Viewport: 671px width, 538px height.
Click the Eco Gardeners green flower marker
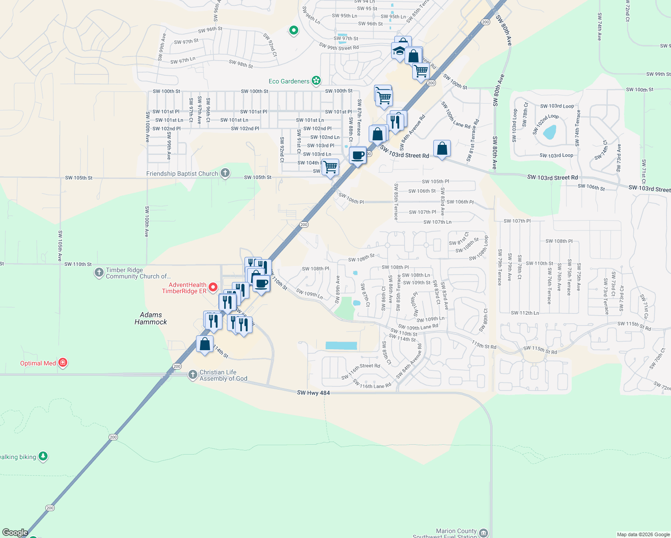tap(316, 81)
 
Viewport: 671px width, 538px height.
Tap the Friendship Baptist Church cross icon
tap(225, 173)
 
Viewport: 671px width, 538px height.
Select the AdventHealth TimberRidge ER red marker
tap(213, 287)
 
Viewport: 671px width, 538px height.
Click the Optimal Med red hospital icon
tap(63, 362)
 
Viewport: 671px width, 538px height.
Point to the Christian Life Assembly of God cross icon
tap(192, 375)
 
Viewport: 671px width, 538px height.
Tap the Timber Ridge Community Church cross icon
tap(99, 273)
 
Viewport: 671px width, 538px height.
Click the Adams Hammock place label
tap(151, 318)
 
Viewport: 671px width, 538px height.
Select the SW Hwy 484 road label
tap(313, 393)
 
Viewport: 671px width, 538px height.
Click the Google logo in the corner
tap(15, 533)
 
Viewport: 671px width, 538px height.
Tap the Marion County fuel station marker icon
tap(484, 533)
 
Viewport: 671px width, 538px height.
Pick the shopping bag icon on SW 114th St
tap(205, 344)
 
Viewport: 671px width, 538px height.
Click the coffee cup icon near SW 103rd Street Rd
tap(358, 156)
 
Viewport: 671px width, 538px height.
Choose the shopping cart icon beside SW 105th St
tap(331, 167)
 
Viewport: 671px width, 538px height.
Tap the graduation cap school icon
tap(399, 51)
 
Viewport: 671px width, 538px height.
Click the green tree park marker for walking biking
tap(43, 456)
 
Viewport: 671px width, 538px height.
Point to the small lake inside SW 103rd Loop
tap(549, 132)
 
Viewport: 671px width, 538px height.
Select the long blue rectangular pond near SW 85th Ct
tap(341, 346)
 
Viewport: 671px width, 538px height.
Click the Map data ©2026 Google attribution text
tap(643, 534)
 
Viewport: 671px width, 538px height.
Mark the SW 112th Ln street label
tap(525, 313)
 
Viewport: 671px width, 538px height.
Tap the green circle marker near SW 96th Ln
tap(294, 30)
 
